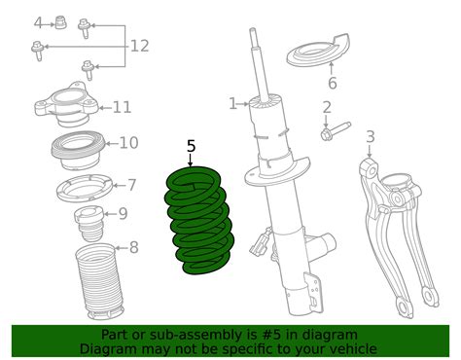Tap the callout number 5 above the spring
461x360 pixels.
click(x=191, y=147)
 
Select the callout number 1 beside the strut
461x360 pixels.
click(x=232, y=103)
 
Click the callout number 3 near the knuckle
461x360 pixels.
click(x=370, y=136)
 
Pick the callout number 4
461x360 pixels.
click(x=38, y=21)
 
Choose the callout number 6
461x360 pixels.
click(x=333, y=83)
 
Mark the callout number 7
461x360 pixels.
click(x=131, y=185)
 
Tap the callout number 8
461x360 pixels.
click(x=133, y=247)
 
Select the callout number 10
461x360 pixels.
click(x=127, y=143)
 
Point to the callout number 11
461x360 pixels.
click(x=122, y=107)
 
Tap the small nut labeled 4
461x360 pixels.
click(x=60, y=20)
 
